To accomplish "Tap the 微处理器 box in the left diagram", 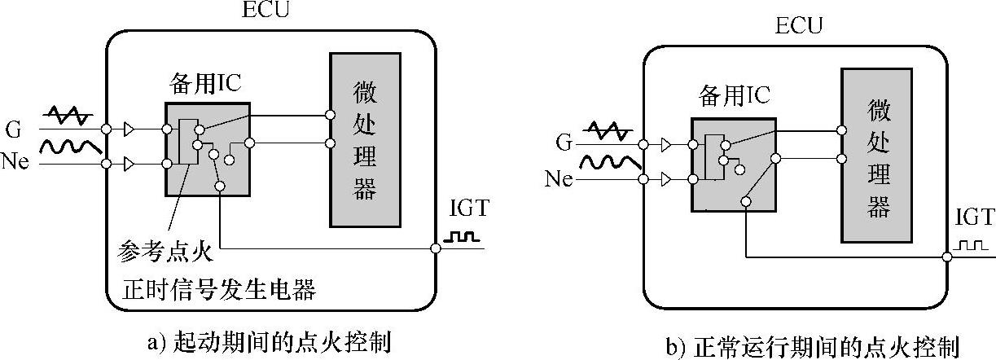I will coord(364,139).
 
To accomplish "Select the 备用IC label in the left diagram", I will coord(204,83).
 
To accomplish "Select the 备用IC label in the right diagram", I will coord(735,98).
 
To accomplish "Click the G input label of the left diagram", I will coord(14,129).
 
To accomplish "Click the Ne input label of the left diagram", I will coord(15,161).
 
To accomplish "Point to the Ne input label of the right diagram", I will coord(559,178).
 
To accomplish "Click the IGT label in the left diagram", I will coord(469,209).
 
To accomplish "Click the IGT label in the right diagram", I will coord(976,217).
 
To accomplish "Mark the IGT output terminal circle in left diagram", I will coord(437,248).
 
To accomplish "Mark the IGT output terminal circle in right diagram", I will coord(947,257).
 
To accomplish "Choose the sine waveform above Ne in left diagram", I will coord(71,147).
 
